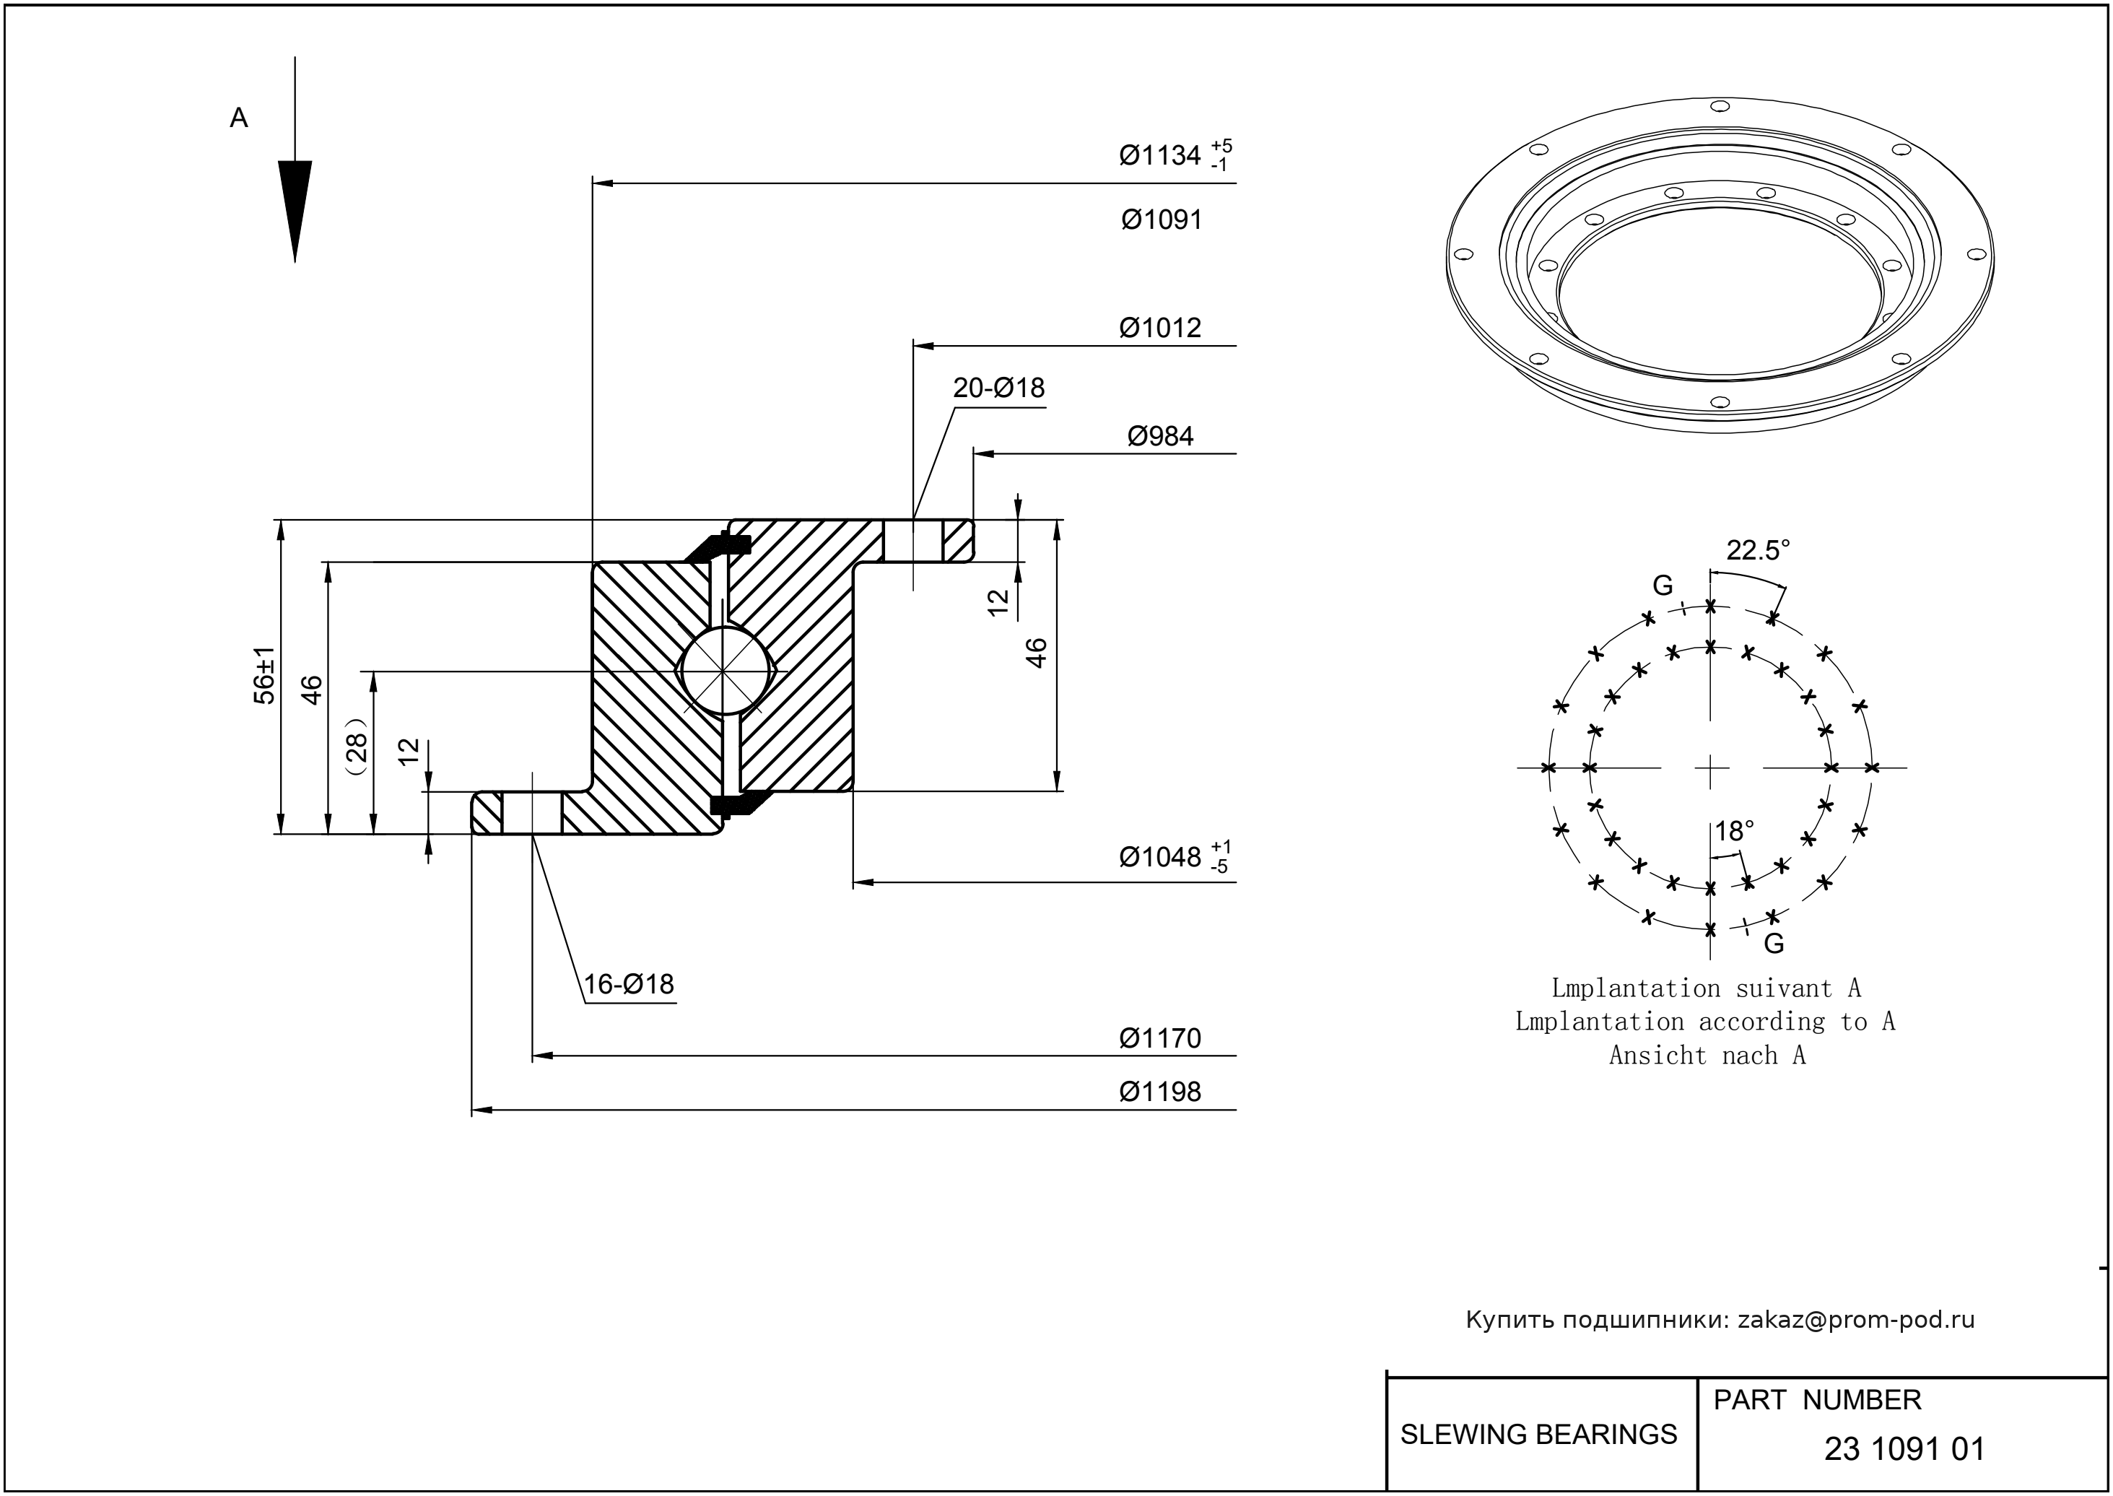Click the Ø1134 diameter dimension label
(1161, 156)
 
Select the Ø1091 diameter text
(1162, 220)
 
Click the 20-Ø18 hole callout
(998, 388)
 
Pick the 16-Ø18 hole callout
(628, 984)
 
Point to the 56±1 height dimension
(264, 676)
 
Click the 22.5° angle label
(1757, 551)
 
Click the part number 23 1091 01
(1904, 1449)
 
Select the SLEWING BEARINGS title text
(1538, 1435)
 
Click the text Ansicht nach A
(1707, 1056)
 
